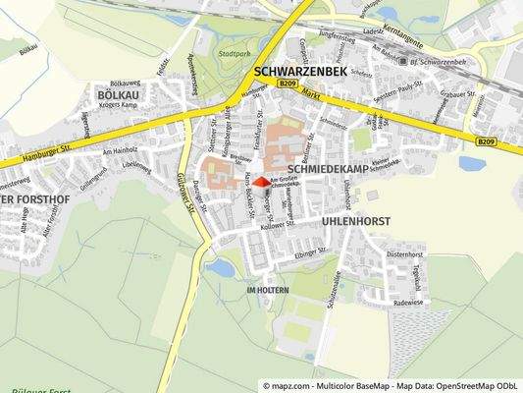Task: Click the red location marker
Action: pyautogui.click(x=259, y=182)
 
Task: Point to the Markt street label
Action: pyautogui.click(x=312, y=93)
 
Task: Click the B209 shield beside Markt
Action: pyautogui.click(x=287, y=86)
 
